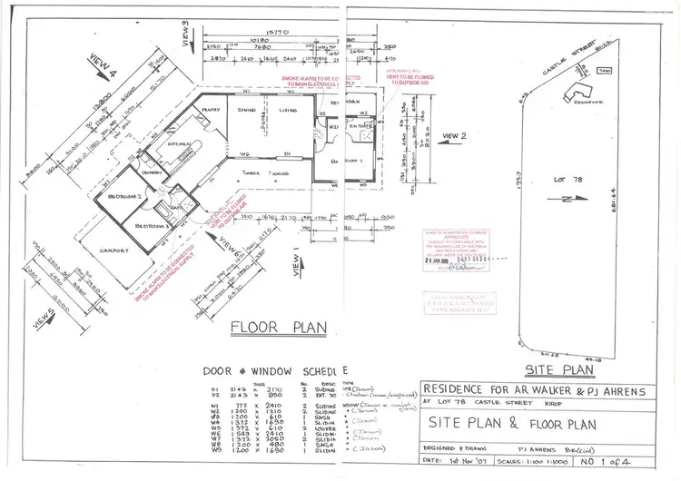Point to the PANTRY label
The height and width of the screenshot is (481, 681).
click(212, 110)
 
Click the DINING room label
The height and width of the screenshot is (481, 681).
click(248, 110)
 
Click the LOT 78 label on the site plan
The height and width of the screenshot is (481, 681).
click(567, 181)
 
